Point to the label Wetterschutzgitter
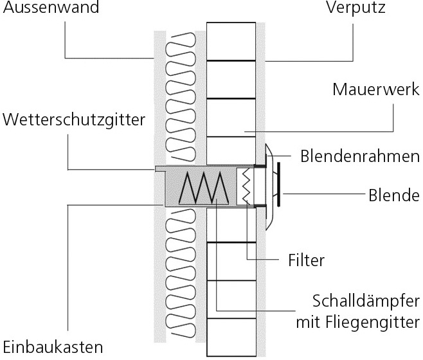73,120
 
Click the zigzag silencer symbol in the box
204,188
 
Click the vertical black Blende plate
278,184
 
